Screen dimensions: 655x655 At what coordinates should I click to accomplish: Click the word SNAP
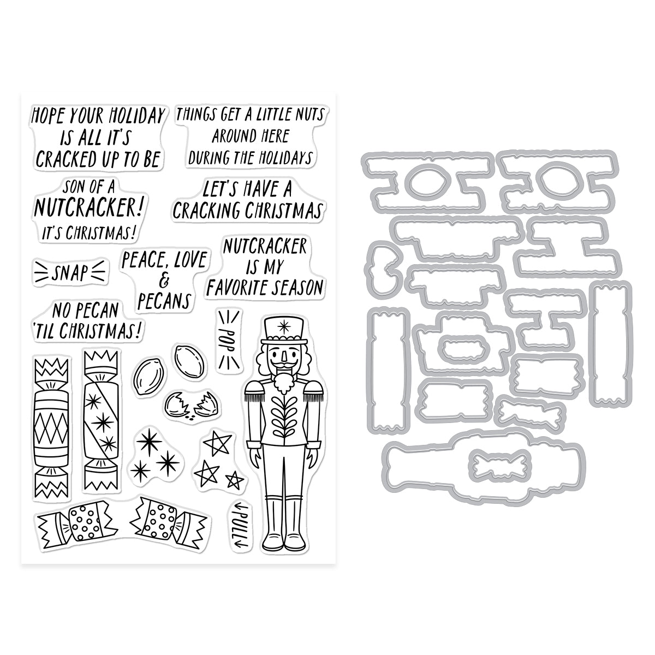pos(70,272)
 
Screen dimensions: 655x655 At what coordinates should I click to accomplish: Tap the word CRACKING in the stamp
pos(207,211)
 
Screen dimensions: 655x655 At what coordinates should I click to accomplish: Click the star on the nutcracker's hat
pos(282,327)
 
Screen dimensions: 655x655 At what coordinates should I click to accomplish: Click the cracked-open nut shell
pos(192,404)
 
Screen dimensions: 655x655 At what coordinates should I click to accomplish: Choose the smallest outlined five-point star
pos(235,481)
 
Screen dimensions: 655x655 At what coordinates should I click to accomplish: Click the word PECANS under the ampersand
pos(164,301)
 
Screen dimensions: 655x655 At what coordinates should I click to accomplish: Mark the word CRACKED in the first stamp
pos(66,159)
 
